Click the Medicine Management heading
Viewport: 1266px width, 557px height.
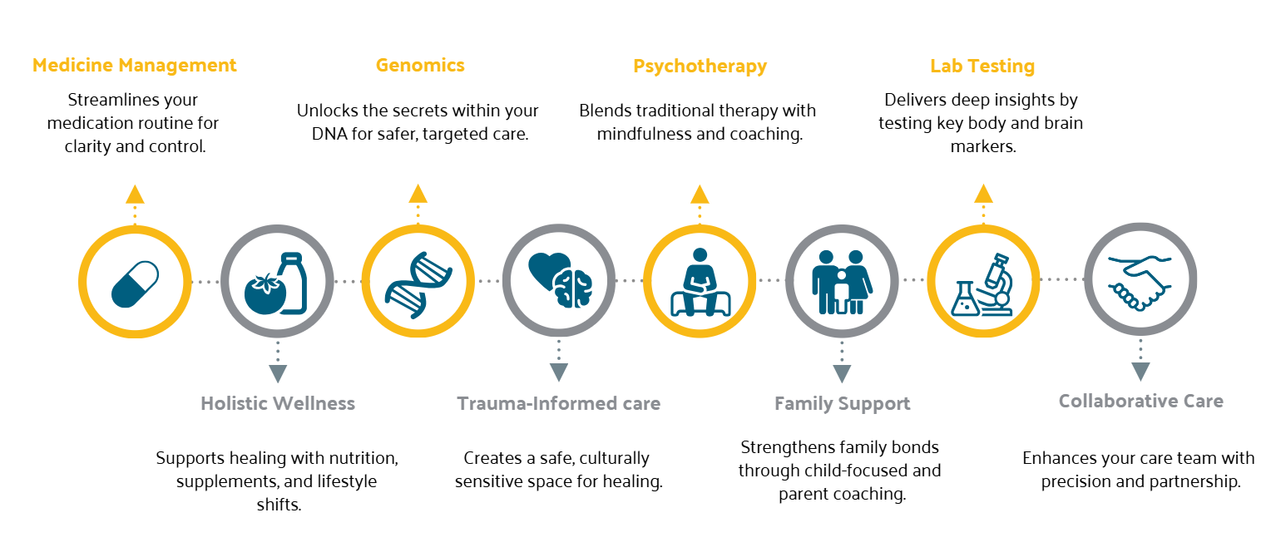click(135, 66)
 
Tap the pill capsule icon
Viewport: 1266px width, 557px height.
click(135, 283)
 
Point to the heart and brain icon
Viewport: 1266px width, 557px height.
click(560, 281)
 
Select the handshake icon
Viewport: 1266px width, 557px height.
click(1140, 279)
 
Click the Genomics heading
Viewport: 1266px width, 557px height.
click(420, 66)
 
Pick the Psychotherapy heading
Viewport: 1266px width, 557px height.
click(700, 67)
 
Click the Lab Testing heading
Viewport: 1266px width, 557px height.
click(982, 67)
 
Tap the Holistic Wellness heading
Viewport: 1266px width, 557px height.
click(278, 404)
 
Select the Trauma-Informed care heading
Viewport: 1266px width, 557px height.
click(558, 404)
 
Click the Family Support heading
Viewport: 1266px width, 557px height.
click(842, 404)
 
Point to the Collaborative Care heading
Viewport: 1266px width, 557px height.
click(1140, 402)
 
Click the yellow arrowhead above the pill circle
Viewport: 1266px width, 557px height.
click(135, 195)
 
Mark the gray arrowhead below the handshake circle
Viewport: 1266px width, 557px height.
click(1140, 371)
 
